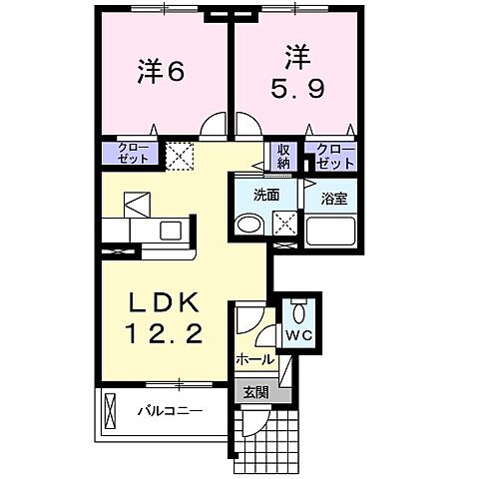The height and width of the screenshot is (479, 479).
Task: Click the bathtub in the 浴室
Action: (x=331, y=231)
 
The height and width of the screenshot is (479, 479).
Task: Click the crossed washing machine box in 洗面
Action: (x=285, y=225)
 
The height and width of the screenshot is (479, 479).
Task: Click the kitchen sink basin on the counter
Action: (x=170, y=231)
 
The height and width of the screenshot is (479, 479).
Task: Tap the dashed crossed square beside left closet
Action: (x=178, y=155)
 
